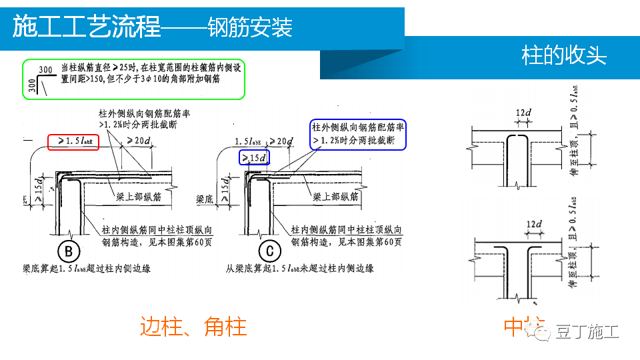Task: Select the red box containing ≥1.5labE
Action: pyautogui.click(x=74, y=141)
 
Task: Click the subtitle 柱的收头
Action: pyautogui.click(x=563, y=55)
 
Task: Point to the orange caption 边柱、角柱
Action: pyautogui.click(x=193, y=327)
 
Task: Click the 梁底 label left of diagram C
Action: pyautogui.click(x=205, y=199)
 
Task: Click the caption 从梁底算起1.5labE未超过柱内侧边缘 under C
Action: pyautogui.click(x=299, y=269)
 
